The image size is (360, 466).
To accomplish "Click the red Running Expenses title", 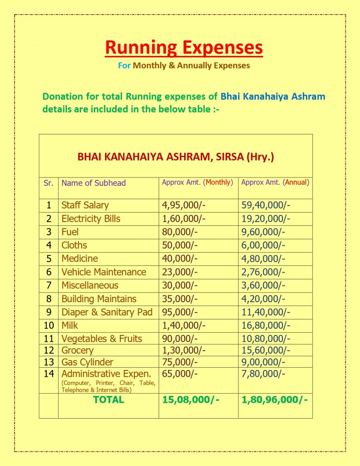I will (x=184, y=48).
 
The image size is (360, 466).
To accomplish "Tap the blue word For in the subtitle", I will (x=124, y=66).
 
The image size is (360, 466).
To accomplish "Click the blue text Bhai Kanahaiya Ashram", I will (x=273, y=96).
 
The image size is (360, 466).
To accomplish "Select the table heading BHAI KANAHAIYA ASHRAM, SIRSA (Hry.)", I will (x=176, y=157).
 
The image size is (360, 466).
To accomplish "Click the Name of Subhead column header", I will (x=93, y=183).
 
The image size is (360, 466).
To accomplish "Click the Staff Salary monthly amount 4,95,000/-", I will (x=184, y=205).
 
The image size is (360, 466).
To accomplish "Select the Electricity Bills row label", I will (x=91, y=218).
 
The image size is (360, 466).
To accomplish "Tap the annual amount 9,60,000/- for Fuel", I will (x=264, y=232).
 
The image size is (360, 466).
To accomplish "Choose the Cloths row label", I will (x=74, y=245).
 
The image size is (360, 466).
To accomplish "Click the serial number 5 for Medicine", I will (x=49, y=258).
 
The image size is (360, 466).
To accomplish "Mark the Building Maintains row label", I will (x=99, y=299).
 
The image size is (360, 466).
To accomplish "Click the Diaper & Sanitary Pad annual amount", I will (x=266, y=312).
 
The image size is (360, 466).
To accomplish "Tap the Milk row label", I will (x=70, y=325).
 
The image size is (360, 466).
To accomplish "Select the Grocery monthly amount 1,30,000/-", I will (x=184, y=350).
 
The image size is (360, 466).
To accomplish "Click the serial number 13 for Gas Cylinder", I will (x=49, y=362).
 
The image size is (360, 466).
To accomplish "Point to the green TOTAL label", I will (x=108, y=400).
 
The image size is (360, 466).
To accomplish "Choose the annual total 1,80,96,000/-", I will (x=274, y=400).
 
